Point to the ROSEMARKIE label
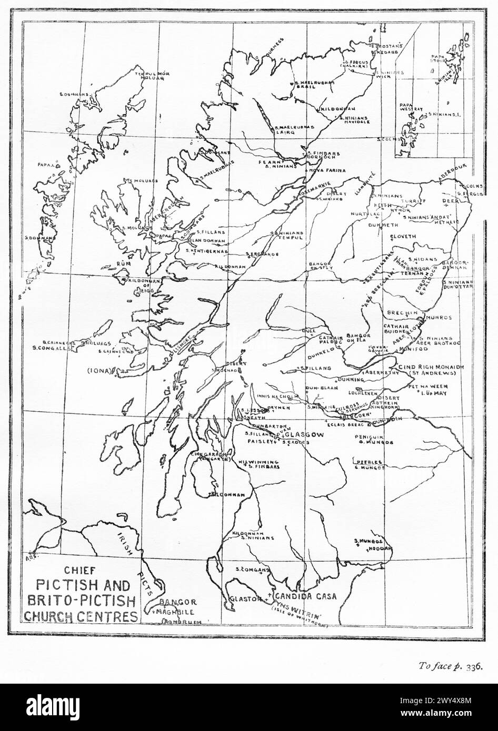click(x=315, y=192)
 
